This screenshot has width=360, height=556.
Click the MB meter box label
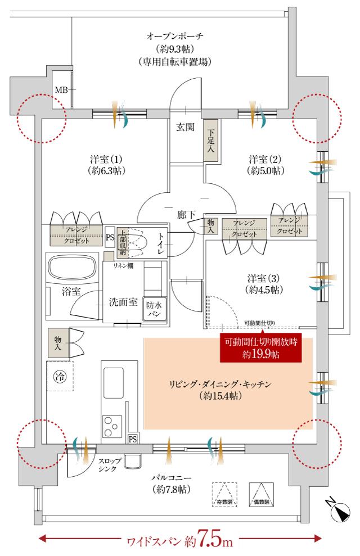[60, 89]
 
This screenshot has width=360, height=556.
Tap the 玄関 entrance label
[186, 127]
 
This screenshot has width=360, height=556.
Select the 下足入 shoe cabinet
[210, 141]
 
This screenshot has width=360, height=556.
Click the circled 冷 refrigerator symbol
[59, 375]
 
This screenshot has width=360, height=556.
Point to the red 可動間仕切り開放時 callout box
[260, 347]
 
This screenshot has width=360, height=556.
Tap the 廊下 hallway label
[185, 214]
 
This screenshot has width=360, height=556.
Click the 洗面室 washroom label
[123, 301]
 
